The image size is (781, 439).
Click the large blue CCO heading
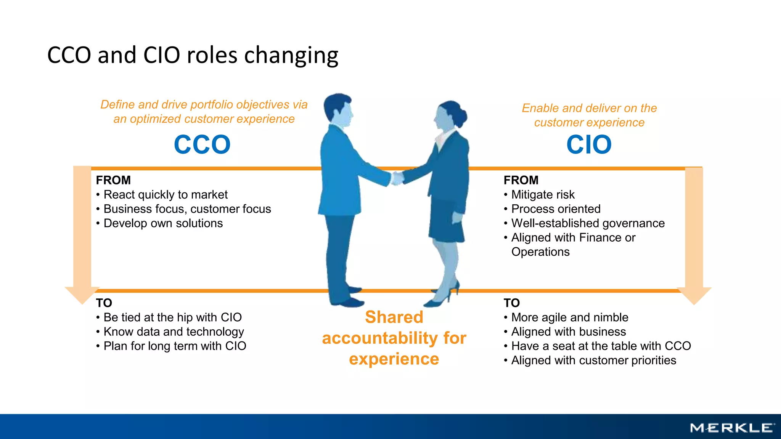202,144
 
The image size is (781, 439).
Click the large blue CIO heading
589,144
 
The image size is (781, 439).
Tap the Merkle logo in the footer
732,428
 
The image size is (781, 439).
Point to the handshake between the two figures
397,178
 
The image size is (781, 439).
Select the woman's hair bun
462,115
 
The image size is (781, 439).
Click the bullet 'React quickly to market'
166,195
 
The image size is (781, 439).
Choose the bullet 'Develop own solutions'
163,223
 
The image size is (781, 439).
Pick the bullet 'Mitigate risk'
543,195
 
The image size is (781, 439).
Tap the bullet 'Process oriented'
556,209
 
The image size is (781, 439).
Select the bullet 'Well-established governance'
588,223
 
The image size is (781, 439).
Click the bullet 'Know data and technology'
174,332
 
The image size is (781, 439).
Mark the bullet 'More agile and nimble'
570,317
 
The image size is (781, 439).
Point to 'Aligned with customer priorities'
593,360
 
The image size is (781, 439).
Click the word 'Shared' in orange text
394,317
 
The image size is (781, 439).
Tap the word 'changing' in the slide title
291,55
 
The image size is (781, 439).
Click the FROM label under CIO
521,180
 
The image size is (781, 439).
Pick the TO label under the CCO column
104,303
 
